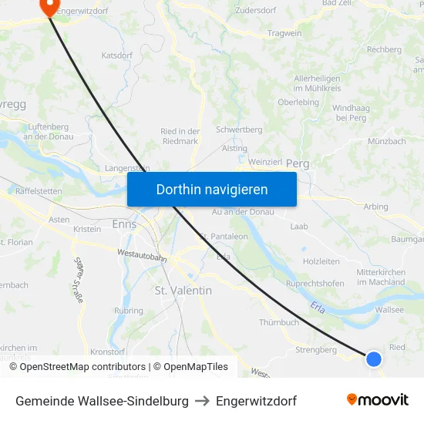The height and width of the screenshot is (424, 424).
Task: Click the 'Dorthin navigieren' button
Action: coord(211,190)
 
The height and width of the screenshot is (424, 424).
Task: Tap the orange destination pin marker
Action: coord(49,6)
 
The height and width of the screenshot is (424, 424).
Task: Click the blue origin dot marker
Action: coord(373,358)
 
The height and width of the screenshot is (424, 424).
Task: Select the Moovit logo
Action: coord(378,400)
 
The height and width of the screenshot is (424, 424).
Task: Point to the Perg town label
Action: coord(298,164)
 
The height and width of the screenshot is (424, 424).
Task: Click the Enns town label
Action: coord(124,224)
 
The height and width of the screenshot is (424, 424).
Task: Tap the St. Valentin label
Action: coord(183,291)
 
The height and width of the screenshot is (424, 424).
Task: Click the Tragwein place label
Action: coord(284,33)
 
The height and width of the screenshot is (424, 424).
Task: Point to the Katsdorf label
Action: coord(117,56)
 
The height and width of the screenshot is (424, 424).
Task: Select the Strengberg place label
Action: coord(316,349)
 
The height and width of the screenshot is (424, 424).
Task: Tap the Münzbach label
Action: coord(387,142)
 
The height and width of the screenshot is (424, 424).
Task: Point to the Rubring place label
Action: coord(128,311)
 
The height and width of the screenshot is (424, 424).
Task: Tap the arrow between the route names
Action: coord(202,401)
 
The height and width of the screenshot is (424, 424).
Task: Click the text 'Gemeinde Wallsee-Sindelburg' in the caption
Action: coord(102,401)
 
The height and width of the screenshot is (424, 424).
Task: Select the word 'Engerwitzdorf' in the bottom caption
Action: coord(256,401)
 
